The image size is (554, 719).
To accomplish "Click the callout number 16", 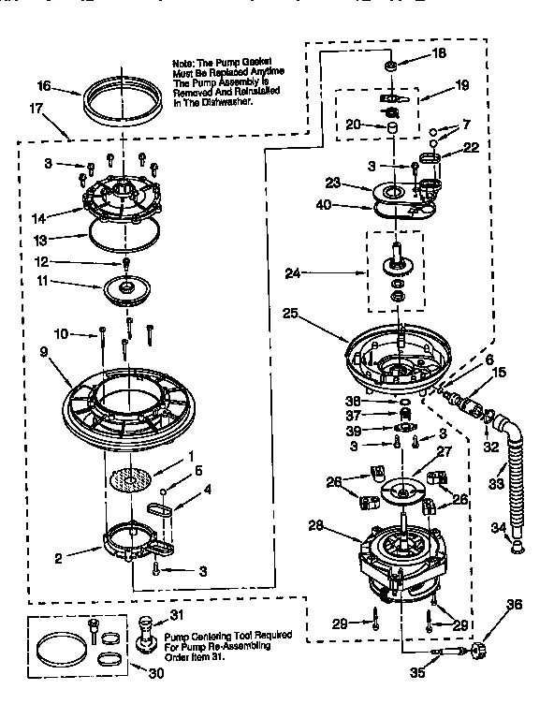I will click(x=43, y=86).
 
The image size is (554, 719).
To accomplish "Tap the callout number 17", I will click(x=35, y=109).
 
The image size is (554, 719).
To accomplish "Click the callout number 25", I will click(x=290, y=315).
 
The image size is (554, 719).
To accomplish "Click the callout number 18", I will click(x=438, y=54).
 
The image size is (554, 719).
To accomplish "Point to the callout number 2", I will click(x=58, y=559).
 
